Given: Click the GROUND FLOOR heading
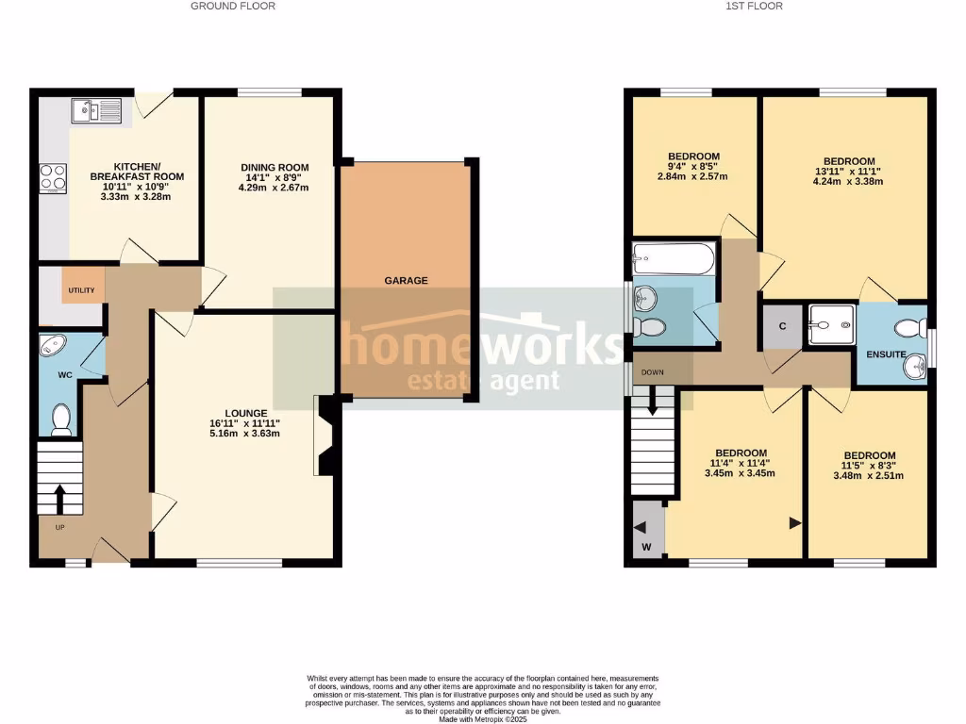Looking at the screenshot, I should (233, 6).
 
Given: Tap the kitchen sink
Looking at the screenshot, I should (96, 112).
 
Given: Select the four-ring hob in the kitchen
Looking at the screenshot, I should (52, 176).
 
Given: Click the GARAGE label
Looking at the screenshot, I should (406, 280).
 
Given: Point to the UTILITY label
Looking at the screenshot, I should (81, 290).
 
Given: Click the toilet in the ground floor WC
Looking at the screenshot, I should (62, 418).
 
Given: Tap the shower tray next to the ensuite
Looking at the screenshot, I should (831, 325).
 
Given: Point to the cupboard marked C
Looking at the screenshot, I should (782, 326).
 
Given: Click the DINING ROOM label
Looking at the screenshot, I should (274, 168).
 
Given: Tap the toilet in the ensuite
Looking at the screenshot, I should (908, 329).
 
